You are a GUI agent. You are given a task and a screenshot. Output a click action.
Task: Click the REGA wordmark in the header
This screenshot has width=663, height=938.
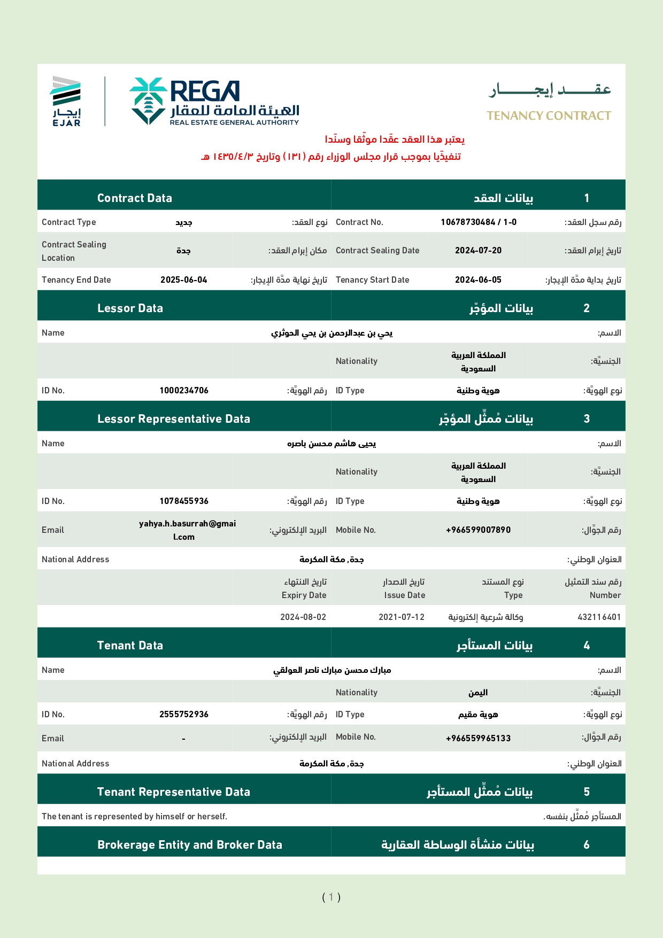(204, 91)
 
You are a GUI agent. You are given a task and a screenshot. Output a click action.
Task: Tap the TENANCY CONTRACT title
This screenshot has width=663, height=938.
(549, 116)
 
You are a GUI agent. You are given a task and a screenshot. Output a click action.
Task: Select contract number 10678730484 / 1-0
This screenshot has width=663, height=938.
(479, 222)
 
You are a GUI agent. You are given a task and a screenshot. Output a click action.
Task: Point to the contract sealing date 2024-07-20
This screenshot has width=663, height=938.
(478, 251)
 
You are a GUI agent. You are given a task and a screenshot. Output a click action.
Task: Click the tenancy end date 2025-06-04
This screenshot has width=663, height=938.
(183, 280)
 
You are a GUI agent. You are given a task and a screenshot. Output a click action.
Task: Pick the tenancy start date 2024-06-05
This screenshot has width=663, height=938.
(478, 280)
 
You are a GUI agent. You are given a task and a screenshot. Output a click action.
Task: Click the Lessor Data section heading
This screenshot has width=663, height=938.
(130, 308)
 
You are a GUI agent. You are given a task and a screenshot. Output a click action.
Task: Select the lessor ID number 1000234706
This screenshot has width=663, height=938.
(183, 391)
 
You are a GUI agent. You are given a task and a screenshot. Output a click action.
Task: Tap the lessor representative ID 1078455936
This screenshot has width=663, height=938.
(183, 501)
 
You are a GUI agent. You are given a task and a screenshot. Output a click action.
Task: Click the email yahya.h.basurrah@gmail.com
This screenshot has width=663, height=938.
(187, 530)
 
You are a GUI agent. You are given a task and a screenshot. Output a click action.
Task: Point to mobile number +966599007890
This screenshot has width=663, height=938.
(478, 530)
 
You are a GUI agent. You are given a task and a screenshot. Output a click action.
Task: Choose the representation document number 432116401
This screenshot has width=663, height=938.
(599, 617)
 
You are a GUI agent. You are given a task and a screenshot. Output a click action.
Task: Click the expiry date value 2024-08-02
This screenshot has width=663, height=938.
(303, 617)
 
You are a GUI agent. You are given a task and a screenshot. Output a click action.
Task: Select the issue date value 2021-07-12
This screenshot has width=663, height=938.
(402, 617)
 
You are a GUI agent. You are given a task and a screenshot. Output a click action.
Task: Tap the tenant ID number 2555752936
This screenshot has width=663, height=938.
(183, 715)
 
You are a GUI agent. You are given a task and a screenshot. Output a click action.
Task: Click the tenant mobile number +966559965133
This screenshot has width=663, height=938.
(478, 739)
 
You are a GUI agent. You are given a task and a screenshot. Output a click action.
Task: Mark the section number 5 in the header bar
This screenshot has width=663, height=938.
(587, 792)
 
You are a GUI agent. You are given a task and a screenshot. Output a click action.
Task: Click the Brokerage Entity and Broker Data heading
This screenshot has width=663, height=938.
(189, 845)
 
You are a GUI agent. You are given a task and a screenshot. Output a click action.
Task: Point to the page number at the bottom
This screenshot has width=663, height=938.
(331, 897)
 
